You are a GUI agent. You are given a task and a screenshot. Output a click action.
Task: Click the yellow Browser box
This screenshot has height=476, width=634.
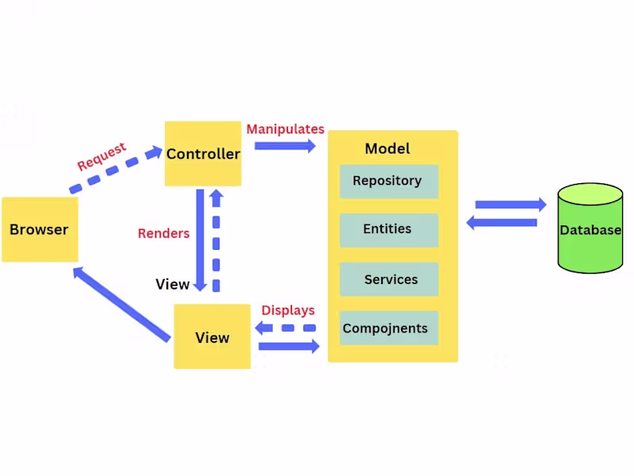40,229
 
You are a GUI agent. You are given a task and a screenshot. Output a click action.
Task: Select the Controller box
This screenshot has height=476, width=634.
203,154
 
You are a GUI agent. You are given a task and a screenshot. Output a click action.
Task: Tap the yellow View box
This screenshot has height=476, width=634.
212,337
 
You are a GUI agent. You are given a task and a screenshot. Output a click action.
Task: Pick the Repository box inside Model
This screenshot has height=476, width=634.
388,181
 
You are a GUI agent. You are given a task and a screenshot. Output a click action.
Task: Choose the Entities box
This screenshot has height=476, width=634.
388,229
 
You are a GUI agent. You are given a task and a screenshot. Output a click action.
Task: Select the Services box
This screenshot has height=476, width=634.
388,279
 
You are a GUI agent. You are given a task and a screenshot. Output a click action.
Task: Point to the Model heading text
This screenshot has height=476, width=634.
388,148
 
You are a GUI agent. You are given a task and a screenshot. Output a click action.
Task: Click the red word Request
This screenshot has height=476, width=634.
101,156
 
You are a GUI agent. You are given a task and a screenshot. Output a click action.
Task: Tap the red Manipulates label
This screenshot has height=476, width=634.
285,129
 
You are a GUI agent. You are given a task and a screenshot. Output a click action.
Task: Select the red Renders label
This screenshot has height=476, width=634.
164,233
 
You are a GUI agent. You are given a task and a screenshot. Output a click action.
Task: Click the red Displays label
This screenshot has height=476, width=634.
288,310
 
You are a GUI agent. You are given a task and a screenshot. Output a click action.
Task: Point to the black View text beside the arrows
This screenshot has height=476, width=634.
172,284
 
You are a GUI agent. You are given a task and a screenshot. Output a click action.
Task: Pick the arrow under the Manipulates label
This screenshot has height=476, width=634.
285,145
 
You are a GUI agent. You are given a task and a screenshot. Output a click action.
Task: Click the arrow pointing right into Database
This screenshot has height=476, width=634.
510,205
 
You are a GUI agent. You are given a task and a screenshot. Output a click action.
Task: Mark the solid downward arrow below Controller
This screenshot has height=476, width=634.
201,239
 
